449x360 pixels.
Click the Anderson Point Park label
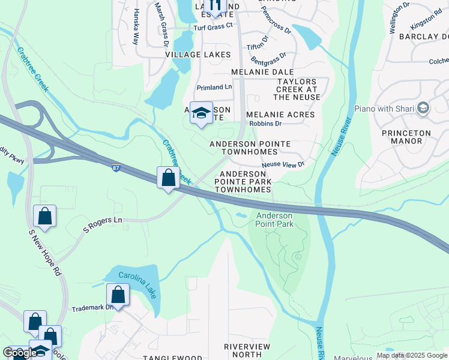[x=274, y=220]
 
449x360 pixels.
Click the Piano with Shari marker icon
[x=424, y=109]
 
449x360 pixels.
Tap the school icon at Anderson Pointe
[x=201, y=112]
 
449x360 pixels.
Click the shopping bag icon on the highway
[x=168, y=178]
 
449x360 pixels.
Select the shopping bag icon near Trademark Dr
[x=118, y=295]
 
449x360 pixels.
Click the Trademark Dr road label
[x=92, y=308]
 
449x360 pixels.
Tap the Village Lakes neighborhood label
[x=197, y=55]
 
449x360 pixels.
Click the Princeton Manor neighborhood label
[x=406, y=137]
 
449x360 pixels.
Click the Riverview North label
[x=247, y=351]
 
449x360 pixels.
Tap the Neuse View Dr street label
[x=283, y=164]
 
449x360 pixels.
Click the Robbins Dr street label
[x=265, y=124]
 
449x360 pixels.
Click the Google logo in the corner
[x=19, y=353]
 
